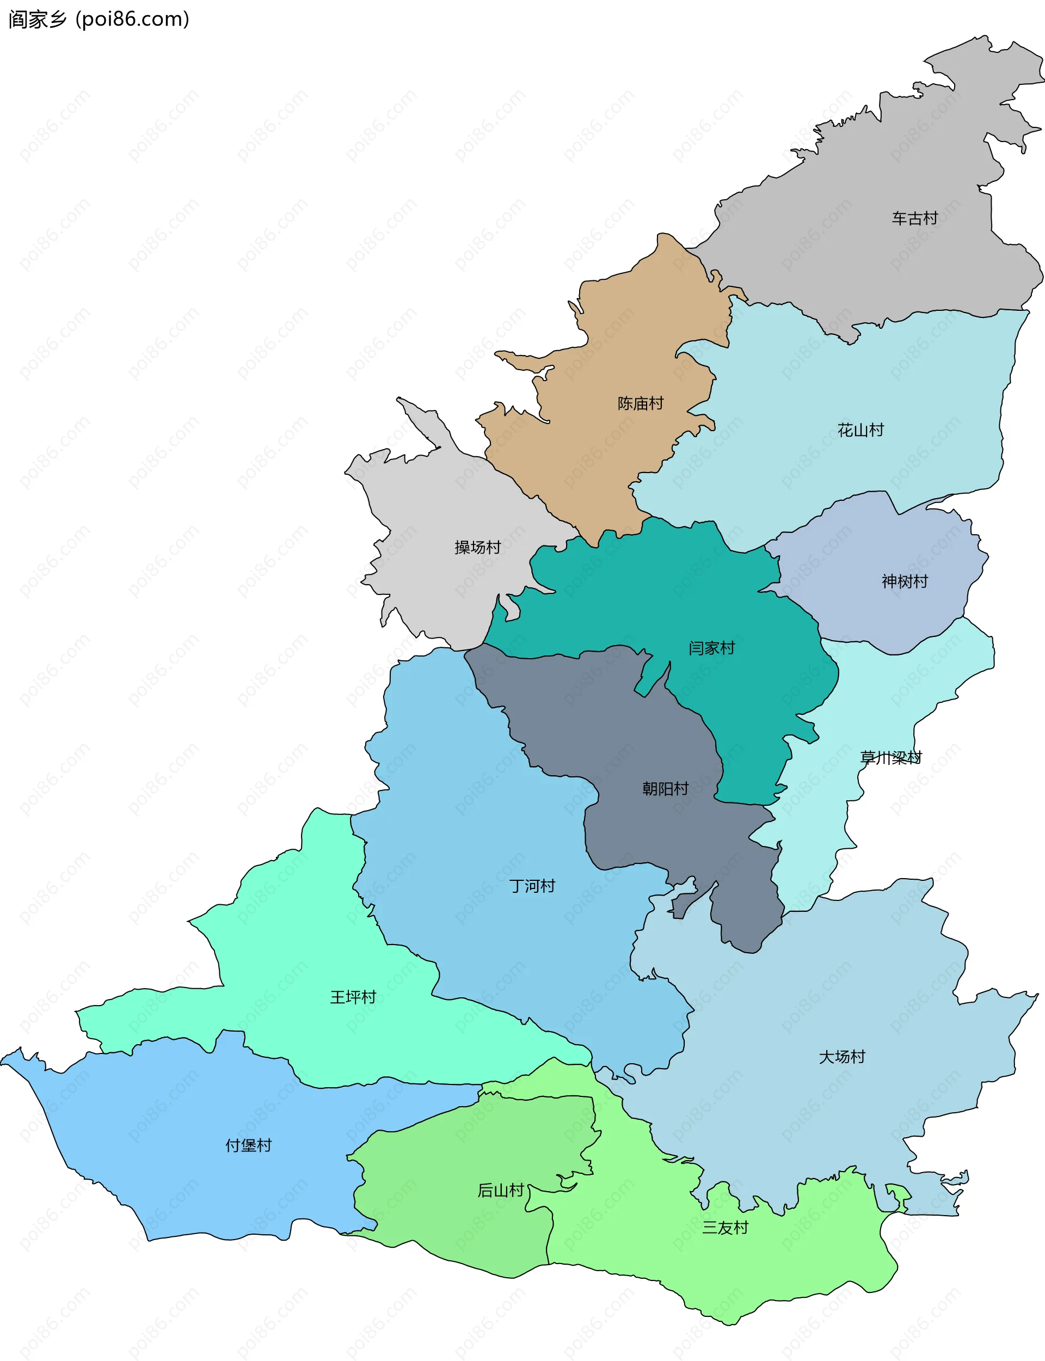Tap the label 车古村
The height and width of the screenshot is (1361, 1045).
(914, 218)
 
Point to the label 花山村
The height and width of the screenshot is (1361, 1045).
(860, 430)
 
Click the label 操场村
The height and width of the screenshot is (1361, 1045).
(477, 547)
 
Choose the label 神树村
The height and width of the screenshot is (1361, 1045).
(905, 581)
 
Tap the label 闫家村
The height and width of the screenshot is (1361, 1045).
(711, 648)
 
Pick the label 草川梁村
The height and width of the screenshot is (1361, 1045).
(891, 758)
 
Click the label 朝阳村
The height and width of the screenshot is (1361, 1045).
(665, 789)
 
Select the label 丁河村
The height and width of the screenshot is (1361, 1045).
(532, 886)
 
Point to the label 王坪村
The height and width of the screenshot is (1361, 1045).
(353, 998)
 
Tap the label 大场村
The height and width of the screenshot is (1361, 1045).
(841, 1057)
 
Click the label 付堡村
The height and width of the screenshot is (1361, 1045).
(248, 1146)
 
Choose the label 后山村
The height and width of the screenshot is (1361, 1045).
(501, 1191)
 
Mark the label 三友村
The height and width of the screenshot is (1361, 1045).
(724, 1228)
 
